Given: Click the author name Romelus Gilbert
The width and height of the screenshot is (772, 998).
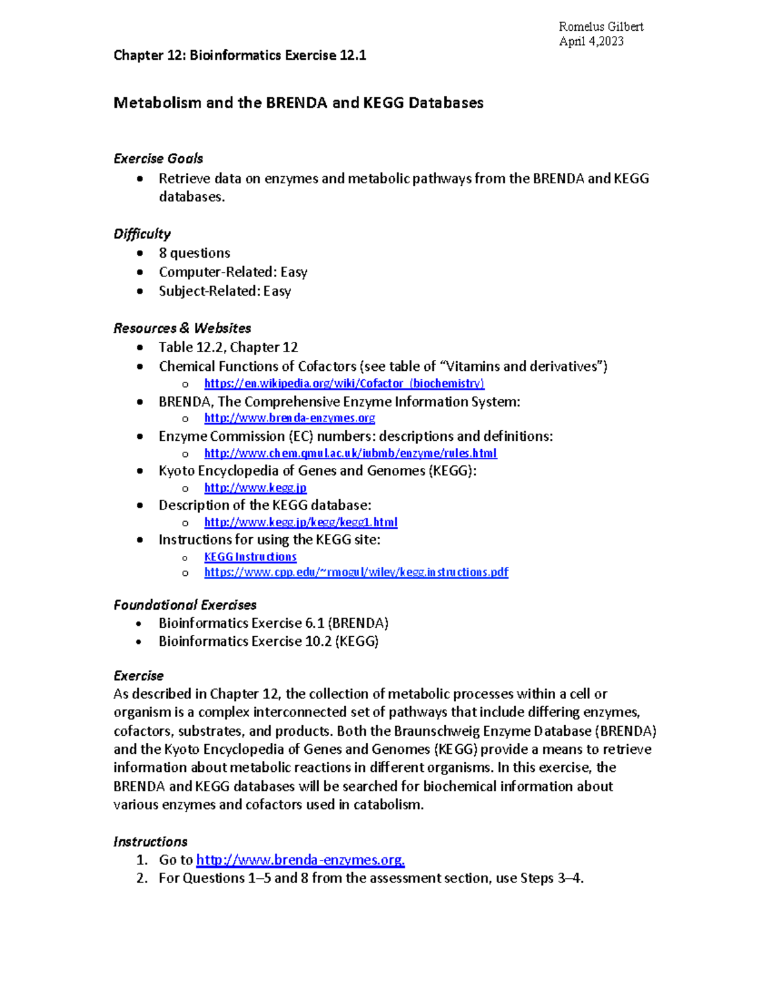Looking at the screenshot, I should point(601,26).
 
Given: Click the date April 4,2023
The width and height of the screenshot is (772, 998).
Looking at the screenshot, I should point(591,41).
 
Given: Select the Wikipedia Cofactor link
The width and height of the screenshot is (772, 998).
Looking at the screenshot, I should point(344,384).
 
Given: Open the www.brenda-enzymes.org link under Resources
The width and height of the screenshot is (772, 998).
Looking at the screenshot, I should point(289,418).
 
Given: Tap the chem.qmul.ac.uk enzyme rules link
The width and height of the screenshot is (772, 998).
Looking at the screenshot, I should point(351,453).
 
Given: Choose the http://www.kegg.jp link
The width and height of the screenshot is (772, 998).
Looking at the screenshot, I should point(255,488).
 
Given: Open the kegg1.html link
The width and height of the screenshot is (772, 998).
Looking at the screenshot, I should point(300,522).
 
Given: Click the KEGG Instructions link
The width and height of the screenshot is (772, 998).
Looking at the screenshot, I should point(250,557).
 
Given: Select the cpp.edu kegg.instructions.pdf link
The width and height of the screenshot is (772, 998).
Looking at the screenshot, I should point(356,572).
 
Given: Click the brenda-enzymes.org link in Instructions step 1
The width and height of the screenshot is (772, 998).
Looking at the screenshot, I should point(300,860).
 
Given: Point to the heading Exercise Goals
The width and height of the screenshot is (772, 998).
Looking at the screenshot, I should point(158,159).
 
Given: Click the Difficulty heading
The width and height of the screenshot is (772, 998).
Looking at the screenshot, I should point(142,234).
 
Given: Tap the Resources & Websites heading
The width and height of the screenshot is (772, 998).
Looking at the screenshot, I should point(182,328).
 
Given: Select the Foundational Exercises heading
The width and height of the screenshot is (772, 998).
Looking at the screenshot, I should point(185,605).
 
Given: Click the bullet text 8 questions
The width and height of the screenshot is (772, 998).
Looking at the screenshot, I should point(194,253).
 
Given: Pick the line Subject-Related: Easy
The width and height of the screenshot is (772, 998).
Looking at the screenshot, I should point(225,291).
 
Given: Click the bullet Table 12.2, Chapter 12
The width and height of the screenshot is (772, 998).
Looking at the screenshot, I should point(228,348).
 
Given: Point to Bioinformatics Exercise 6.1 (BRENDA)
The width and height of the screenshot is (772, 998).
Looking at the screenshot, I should point(273,623).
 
